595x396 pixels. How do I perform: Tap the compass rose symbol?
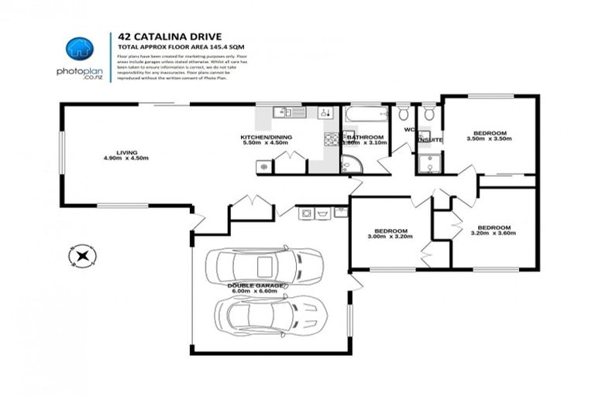click(81, 256)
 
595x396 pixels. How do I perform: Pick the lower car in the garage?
click(268, 313)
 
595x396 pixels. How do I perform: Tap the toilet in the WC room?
click(404, 114)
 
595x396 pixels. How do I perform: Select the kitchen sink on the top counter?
click(287, 113)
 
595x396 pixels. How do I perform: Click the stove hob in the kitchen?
click(331, 139)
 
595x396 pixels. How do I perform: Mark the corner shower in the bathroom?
click(350, 165)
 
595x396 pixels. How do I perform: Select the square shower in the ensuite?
click(425, 163)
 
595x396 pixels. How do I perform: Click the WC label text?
click(409, 130)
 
